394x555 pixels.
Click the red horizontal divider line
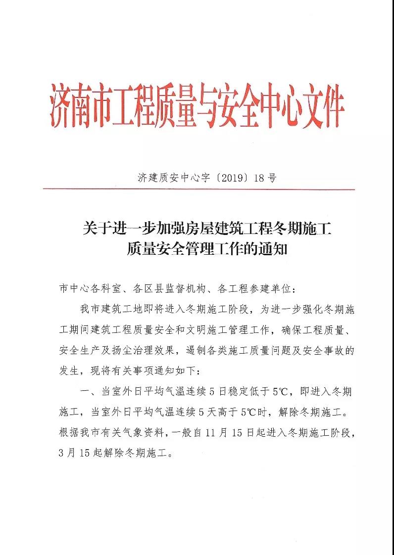pos(198,189)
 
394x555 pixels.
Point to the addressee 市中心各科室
pos(86,288)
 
